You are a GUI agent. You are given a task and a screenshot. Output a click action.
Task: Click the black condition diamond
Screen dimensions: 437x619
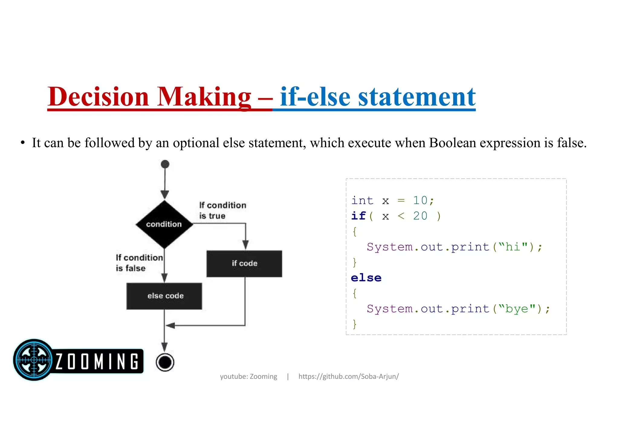(164, 224)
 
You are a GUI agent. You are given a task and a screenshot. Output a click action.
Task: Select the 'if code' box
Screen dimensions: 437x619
(244, 263)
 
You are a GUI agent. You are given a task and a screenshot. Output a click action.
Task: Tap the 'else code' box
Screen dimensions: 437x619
(164, 296)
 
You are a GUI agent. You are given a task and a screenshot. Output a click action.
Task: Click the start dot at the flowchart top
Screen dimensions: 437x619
(165, 164)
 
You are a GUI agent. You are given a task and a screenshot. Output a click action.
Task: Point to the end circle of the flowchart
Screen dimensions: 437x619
(165, 362)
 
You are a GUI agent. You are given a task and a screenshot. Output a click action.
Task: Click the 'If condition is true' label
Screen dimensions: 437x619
(222, 210)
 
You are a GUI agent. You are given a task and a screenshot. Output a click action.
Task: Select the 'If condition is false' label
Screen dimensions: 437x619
(139, 263)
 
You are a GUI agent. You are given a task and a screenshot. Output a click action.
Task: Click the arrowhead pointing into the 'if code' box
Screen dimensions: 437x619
(245, 244)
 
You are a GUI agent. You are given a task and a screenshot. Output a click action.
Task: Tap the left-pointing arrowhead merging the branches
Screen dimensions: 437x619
(170, 325)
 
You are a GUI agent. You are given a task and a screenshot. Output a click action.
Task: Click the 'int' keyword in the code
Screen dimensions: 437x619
(362, 200)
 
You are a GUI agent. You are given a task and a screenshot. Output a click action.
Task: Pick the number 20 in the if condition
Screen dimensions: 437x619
(420, 216)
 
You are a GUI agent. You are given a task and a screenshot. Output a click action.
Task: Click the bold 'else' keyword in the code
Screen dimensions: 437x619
(366, 278)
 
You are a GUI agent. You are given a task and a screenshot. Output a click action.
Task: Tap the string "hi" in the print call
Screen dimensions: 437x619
(513, 247)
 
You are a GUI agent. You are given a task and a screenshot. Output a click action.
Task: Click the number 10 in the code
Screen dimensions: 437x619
(420, 200)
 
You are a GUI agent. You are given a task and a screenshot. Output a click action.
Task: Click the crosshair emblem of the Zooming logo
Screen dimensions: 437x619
(34, 360)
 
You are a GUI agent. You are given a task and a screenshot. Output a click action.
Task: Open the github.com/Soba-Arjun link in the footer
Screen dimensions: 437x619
(348, 376)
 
